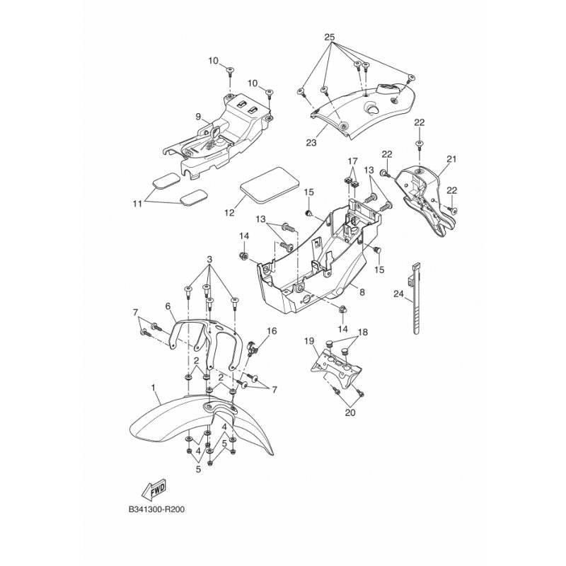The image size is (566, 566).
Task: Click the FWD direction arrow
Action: [154, 489]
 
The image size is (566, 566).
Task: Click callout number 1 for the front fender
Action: [154, 387]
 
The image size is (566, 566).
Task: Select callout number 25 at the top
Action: [328, 36]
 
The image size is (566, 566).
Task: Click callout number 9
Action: [199, 116]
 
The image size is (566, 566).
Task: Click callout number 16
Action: [272, 331]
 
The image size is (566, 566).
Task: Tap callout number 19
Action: [309, 341]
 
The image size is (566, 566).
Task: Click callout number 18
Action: [363, 331]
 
